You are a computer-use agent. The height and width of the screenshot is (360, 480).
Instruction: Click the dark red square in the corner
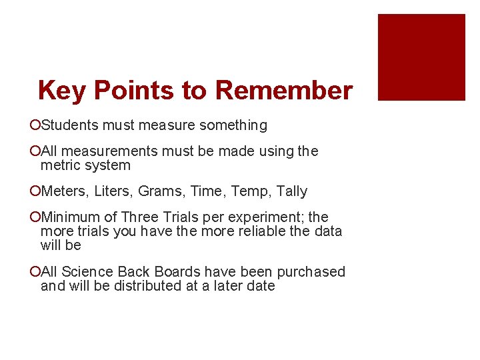coord(421,57)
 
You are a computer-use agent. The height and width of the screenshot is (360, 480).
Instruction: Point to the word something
coord(234,125)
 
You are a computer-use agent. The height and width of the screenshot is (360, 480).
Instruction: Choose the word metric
coord(61,165)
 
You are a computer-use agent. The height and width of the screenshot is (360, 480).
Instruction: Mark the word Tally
coord(292,191)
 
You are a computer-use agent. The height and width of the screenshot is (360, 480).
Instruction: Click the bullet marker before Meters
coord(35,191)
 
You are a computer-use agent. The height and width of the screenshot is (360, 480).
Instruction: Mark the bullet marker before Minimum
coord(35,217)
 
